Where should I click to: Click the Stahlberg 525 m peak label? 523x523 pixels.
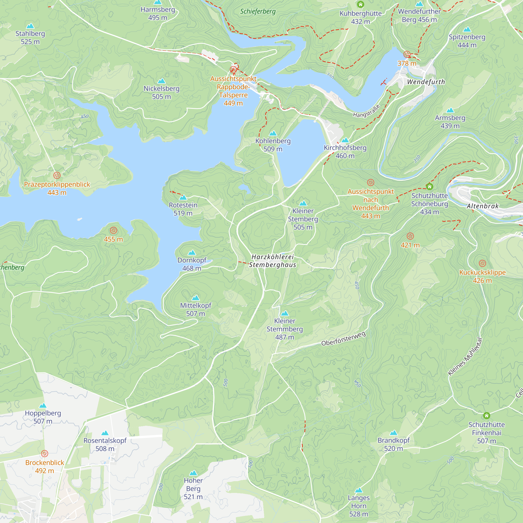click(30, 37)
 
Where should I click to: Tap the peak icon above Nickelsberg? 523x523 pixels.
click(161, 81)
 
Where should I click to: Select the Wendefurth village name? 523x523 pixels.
click(426, 82)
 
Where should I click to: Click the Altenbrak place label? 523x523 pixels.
click(482, 206)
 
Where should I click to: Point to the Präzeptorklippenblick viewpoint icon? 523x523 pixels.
click(57, 175)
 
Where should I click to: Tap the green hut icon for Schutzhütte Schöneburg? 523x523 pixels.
click(429, 186)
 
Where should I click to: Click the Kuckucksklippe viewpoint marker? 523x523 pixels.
click(482, 263)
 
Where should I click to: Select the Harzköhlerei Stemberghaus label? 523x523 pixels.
click(272, 261)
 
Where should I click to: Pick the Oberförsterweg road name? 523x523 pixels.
click(343, 339)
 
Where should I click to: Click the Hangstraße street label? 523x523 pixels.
click(366, 111)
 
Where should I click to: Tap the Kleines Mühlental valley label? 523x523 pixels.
click(465, 356)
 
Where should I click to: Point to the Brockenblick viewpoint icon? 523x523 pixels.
click(45, 453)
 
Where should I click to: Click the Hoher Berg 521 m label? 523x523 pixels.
click(193, 489)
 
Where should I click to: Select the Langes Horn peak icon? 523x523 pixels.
click(359, 490)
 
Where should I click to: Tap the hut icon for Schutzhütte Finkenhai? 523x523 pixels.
click(486, 416)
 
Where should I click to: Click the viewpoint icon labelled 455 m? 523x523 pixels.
click(113, 230)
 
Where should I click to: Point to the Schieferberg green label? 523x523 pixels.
click(258, 11)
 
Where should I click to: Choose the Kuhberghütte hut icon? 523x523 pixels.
click(360, 4)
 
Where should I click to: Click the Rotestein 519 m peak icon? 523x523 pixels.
click(183, 197)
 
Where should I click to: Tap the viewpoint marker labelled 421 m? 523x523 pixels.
click(410, 236)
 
